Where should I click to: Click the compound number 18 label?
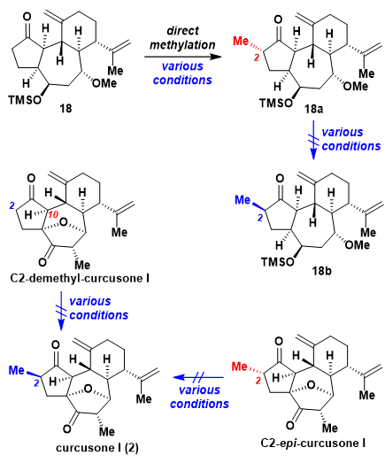click(65, 109)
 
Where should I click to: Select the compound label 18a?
click(314, 109)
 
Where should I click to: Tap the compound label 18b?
click(321, 271)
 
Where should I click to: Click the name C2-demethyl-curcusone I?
click(80, 279)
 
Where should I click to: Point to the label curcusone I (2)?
click(97, 448)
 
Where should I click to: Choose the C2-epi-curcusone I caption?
click(313, 444)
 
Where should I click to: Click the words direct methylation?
click(182, 38)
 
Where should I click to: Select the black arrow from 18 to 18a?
click(182, 57)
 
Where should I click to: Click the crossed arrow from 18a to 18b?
click(313, 140)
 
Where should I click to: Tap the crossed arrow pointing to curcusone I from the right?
click(198, 377)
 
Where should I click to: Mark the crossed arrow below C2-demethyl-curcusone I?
click(61, 311)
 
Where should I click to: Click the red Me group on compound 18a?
click(241, 42)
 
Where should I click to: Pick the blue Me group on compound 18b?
click(243, 200)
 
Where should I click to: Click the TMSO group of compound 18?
click(25, 100)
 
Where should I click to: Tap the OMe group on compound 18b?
click(358, 245)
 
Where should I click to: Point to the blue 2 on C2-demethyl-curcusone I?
click(12, 205)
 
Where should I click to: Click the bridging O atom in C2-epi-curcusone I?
click(311, 385)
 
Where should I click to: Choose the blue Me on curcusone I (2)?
click(17, 370)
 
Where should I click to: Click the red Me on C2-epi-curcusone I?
click(239, 367)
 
